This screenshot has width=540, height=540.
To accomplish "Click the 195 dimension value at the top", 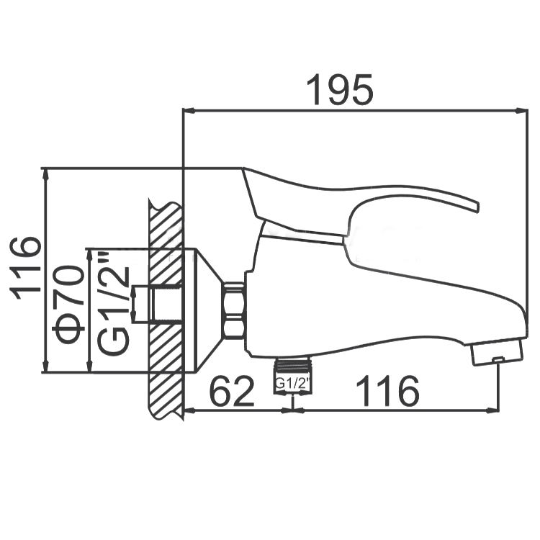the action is click(x=340, y=90).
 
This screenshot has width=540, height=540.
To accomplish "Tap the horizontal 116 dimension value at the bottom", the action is click(x=387, y=391).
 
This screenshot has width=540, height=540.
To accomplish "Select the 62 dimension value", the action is click(x=232, y=391).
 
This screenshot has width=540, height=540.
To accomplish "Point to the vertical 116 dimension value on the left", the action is click(x=24, y=269).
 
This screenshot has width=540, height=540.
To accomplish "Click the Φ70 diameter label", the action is click(x=68, y=305).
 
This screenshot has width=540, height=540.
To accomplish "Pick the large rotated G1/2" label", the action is click(x=114, y=304).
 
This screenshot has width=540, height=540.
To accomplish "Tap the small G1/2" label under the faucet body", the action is click(x=292, y=383).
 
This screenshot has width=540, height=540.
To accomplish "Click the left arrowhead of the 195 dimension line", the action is click(x=189, y=111).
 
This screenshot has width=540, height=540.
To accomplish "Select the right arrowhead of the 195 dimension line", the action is click(x=521, y=111).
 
